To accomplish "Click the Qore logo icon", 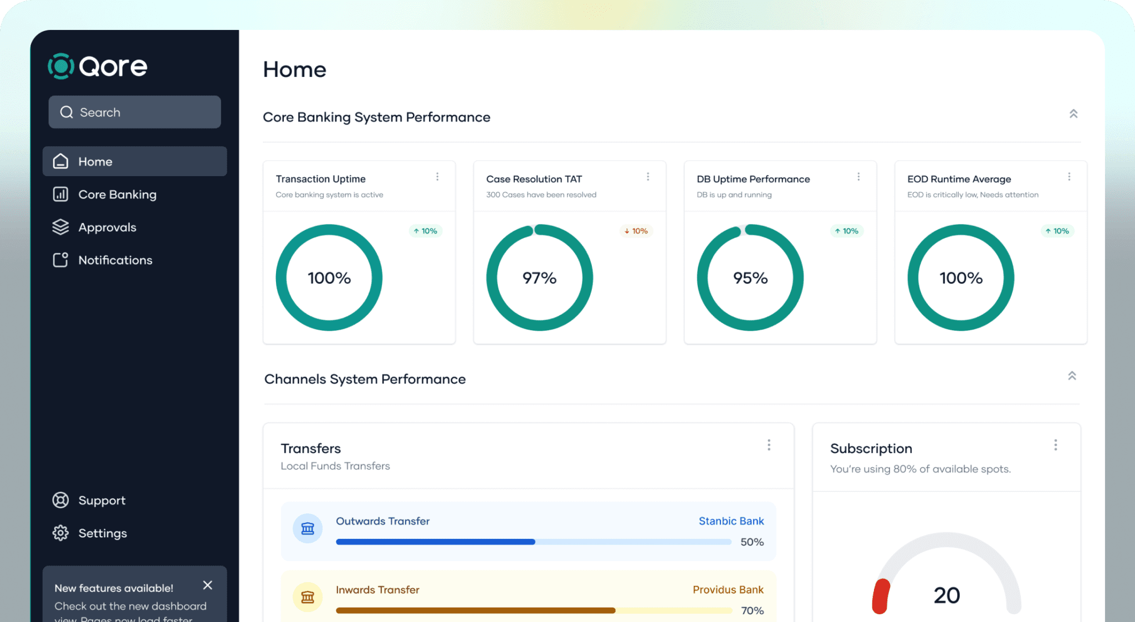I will (x=61, y=66).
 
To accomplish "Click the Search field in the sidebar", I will (x=135, y=112).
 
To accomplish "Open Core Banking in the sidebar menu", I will (x=117, y=194).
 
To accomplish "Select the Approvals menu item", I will (x=107, y=227).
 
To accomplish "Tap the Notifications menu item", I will (x=115, y=260).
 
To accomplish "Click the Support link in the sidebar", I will (x=101, y=500).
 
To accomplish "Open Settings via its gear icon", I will (x=60, y=533).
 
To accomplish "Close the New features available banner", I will (x=208, y=585).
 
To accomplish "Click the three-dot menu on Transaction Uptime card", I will (x=437, y=177).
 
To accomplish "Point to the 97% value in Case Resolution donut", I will (x=539, y=278).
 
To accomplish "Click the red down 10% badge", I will (x=636, y=231).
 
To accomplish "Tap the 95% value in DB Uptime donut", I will (x=750, y=278).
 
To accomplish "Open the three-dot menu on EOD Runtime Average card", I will (x=1069, y=177).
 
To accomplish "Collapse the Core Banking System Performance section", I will (x=1073, y=114).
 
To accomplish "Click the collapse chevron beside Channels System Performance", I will (x=1072, y=376).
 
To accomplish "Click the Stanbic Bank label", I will (x=731, y=521).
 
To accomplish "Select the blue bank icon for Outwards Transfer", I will (x=308, y=528).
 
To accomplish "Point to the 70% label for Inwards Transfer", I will (x=752, y=610).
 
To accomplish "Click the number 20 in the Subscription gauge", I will (x=947, y=595).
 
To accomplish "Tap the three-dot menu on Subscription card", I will (x=1056, y=445).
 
